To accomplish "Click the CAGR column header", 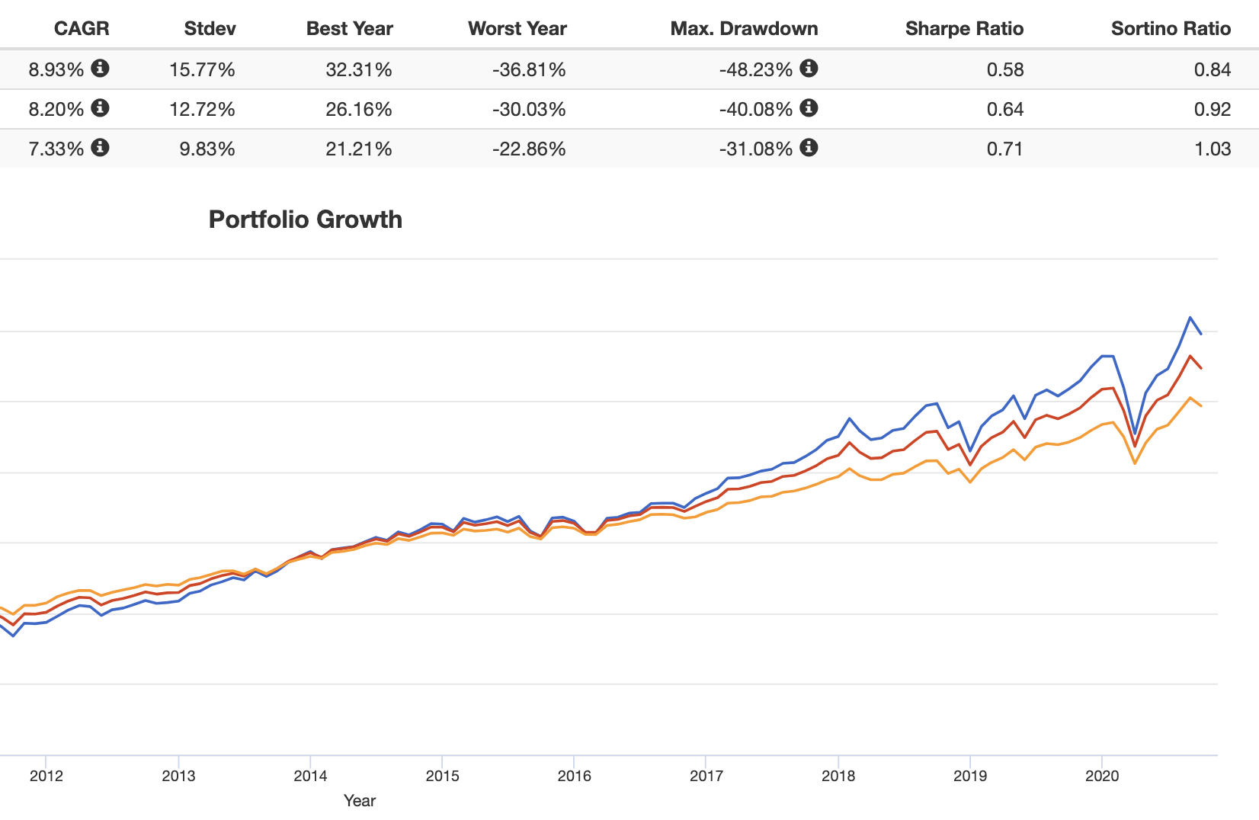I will point(82,29).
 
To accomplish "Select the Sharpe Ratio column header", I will point(964,29).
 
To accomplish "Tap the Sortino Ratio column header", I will point(1171,29).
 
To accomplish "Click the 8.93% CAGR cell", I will point(56,69).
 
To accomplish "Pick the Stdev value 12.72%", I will point(202,109).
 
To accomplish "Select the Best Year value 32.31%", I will point(358,69).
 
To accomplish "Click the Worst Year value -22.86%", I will point(529,149).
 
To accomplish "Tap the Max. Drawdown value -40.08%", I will point(755,109).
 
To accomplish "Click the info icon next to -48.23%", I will point(809,69).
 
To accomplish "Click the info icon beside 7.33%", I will point(100,148).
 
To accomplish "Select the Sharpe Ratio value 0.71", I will point(1004,149).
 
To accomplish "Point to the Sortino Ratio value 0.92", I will point(1212,109).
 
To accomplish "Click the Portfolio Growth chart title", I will point(305,219).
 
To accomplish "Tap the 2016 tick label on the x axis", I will point(574,776).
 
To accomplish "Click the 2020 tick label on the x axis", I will point(1101,776).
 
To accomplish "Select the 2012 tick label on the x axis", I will point(46,776).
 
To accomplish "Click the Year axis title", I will point(359,800).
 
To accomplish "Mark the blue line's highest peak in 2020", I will point(1190,317).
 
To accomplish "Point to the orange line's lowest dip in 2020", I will point(1135,463).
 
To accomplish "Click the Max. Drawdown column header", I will point(744,29).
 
